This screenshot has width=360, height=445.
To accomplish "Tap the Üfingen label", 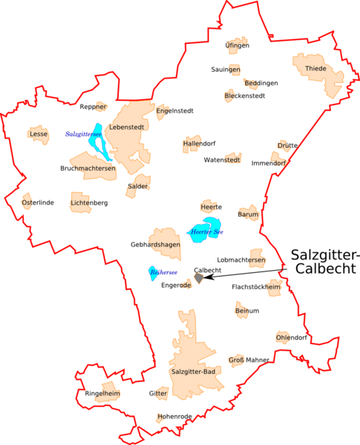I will click(238, 46).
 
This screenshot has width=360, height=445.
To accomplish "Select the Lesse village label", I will click(38, 134).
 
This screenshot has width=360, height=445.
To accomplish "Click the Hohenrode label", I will click(174, 417).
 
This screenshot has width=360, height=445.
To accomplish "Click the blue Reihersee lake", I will click(152, 274).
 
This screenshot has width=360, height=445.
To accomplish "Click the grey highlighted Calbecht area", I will click(198, 278).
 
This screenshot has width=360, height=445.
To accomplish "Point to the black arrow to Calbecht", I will click(245, 273).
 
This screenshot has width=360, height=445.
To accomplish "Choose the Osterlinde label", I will click(37, 202).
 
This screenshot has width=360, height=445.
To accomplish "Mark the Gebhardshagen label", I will click(155, 245).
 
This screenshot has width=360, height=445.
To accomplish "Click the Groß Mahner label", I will click(249, 360).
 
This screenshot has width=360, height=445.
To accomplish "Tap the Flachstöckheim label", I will click(257, 286).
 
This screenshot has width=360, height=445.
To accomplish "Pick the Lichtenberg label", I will click(89, 202).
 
